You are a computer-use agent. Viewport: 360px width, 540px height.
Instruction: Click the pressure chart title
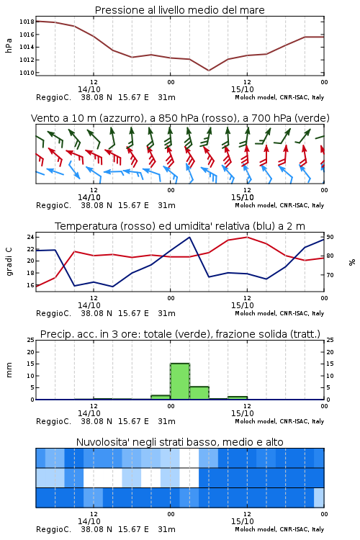coord(179,10)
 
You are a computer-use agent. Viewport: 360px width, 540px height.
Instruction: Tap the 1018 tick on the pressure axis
coord(27,22)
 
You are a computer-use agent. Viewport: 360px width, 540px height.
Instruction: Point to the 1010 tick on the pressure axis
coord(27,73)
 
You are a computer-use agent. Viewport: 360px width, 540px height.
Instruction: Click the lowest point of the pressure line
coord(209,71)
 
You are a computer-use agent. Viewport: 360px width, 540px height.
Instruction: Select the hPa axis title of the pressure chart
coord(9,46)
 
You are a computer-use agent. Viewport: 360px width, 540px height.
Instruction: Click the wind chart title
coord(180,118)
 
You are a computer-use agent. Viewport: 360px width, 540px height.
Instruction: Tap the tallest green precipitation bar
coord(180,381)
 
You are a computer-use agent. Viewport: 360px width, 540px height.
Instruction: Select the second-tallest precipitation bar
coord(199,393)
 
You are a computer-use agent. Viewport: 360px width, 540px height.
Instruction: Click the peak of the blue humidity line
coord(189,237)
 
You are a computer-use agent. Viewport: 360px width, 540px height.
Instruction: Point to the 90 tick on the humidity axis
coord(330,237)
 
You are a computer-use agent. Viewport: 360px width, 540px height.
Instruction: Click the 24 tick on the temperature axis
coord(30,237)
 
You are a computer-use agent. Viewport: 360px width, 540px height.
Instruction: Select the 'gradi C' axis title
coord(9,262)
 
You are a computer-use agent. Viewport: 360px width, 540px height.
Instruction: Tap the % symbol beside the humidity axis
coord(352,262)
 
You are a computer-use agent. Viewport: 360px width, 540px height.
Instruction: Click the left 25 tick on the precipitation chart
coord(30,340)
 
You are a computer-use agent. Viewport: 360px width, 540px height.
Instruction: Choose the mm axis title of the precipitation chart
coord(9,370)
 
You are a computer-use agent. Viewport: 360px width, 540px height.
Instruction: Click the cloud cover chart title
coord(179,442)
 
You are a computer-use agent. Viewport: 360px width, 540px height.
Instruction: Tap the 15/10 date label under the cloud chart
coord(242,521)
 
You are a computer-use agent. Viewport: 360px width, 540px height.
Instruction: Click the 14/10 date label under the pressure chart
coord(89,89)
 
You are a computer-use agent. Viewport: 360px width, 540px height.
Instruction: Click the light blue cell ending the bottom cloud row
coord(319,498)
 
